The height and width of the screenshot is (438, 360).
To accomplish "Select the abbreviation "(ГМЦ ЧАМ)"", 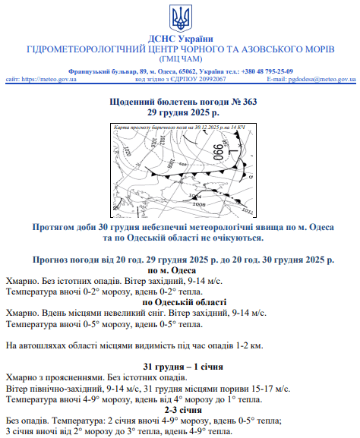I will [x=179, y=59].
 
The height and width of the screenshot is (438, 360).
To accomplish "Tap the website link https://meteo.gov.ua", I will [x=49, y=79].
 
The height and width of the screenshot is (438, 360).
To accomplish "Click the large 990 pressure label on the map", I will [x=217, y=151].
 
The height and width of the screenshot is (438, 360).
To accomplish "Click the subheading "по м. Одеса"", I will [x=179, y=271].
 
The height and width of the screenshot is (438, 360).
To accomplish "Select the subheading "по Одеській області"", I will [x=179, y=302].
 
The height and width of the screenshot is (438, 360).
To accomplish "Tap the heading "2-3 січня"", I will [x=179, y=410].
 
